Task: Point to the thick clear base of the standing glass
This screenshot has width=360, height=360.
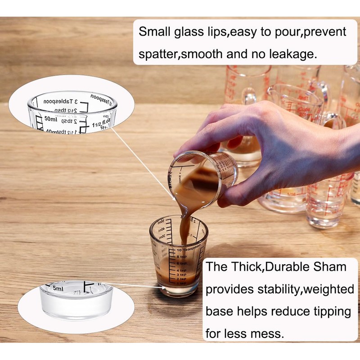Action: [x=179, y=290]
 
